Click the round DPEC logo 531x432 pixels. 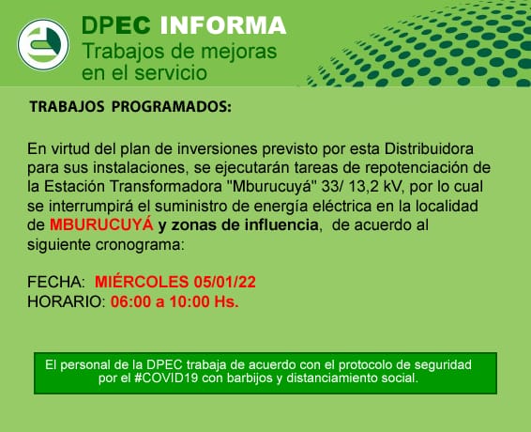pyautogui.click(x=43, y=45)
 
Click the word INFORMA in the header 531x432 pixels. pyautogui.click(x=223, y=25)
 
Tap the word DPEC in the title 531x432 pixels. pyautogui.click(x=116, y=25)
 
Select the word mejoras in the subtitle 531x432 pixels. pyautogui.click(x=238, y=52)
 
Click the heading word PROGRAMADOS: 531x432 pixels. pyautogui.click(x=172, y=106)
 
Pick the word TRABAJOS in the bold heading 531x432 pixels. pyautogui.click(x=67, y=106)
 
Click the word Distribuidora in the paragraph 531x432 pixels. pyautogui.click(x=429, y=148)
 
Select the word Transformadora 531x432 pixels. pyautogui.click(x=165, y=187)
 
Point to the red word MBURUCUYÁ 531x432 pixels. pyautogui.click(x=101, y=224)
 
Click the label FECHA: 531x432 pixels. pyautogui.click(x=56, y=282)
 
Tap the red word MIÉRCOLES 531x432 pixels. pyautogui.click(x=142, y=282)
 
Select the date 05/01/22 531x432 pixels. pyautogui.click(x=225, y=282)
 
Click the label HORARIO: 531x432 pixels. pyautogui.click(x=67, y=301)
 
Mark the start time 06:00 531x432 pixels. pyautogui.click(x=130, y=301)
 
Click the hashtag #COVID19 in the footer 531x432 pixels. pyautogui.click(x=166, y=378)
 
